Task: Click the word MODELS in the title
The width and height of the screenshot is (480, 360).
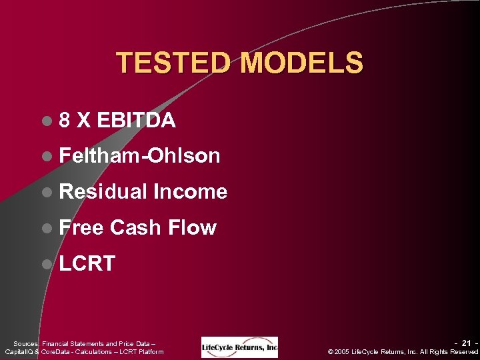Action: (302, 63)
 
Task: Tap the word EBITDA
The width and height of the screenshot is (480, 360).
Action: (136, 120)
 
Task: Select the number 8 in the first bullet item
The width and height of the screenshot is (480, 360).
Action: (65, 120)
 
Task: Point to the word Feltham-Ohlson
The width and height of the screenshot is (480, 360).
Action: (139, 156)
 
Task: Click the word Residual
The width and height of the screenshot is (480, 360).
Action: (103, 192)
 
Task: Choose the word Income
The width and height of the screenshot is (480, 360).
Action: (191, 192)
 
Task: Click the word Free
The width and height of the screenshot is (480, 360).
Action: (81, 228)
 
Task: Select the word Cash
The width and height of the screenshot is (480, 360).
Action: (136, 228)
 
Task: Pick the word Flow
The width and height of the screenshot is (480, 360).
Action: (192, 228)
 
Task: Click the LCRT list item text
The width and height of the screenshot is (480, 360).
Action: (87, 263)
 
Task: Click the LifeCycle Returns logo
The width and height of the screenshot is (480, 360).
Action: (239, 347)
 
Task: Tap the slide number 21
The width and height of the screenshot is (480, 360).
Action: (467, 343)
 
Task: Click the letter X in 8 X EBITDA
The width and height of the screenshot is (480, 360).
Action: (84, 120)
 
